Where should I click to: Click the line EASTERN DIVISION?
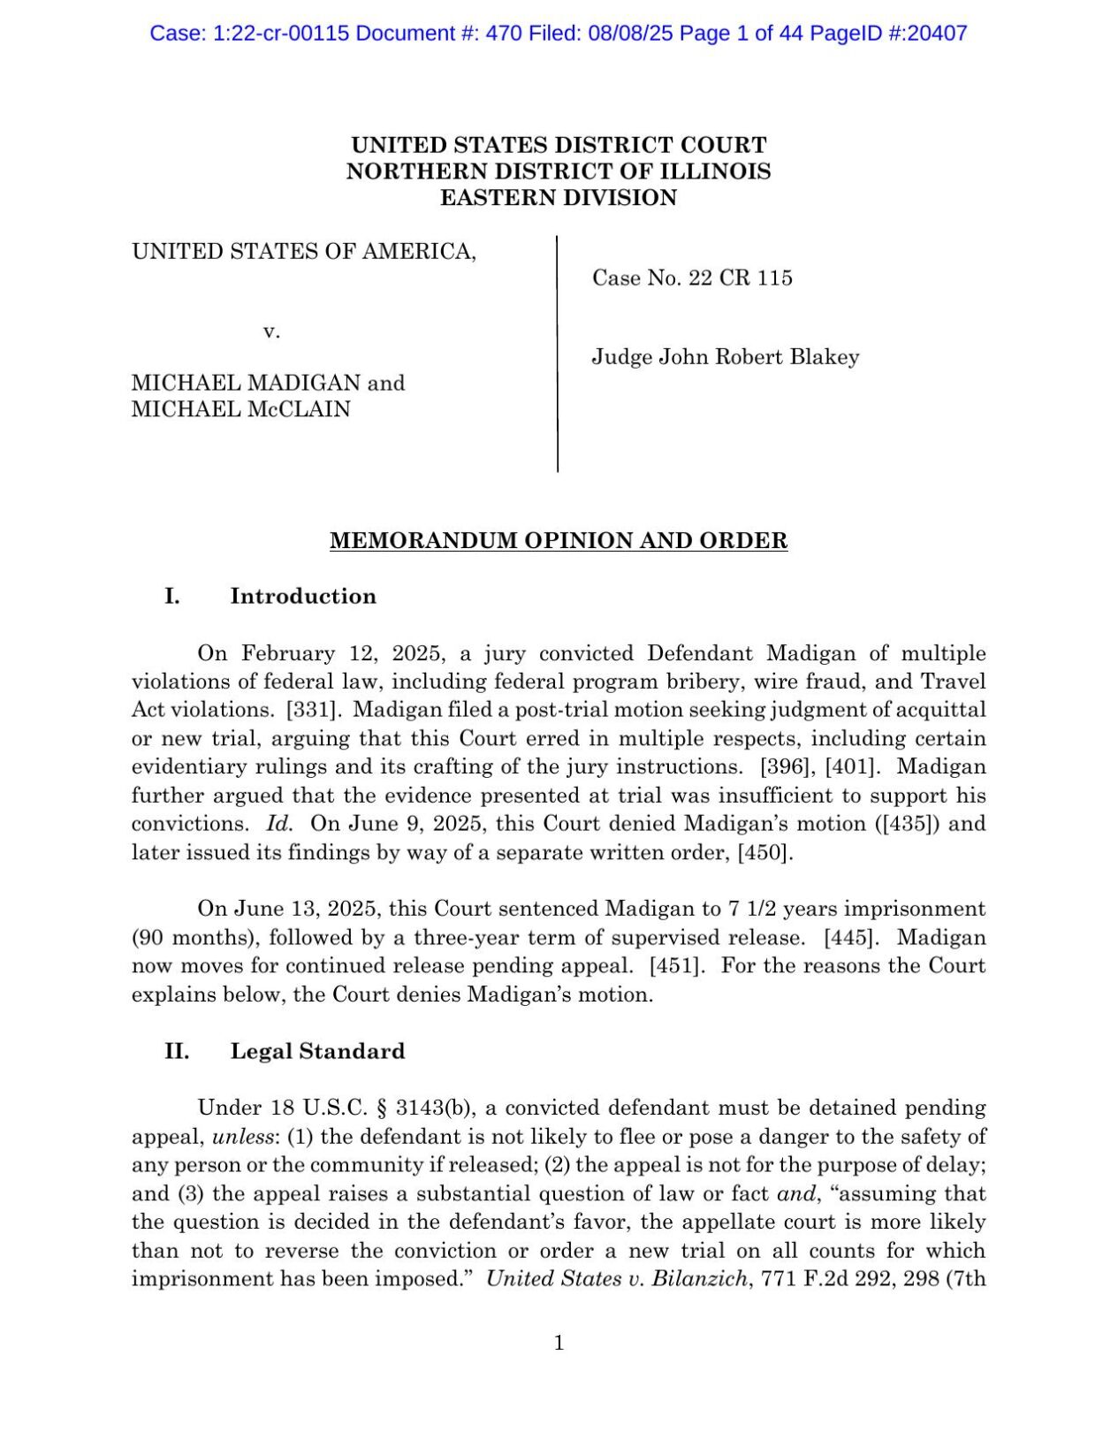coord(559,198)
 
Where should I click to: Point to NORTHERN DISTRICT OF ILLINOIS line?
coord(559,171)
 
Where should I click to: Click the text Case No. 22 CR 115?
coord(692,278)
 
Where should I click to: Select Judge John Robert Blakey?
coord(725,357)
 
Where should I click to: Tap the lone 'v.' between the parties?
coord(271,331)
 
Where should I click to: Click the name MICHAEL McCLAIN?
coord(241,409)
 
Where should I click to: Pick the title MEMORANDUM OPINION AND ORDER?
coord(559,541)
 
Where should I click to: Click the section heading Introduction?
coord(303,597)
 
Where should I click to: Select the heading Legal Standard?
coord(317,1052)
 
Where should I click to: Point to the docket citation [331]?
coord(308,710)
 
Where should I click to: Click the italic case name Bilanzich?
coord(699,1279)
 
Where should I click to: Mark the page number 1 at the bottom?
coord(559,1344)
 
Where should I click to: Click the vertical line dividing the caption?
coord(557,354)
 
